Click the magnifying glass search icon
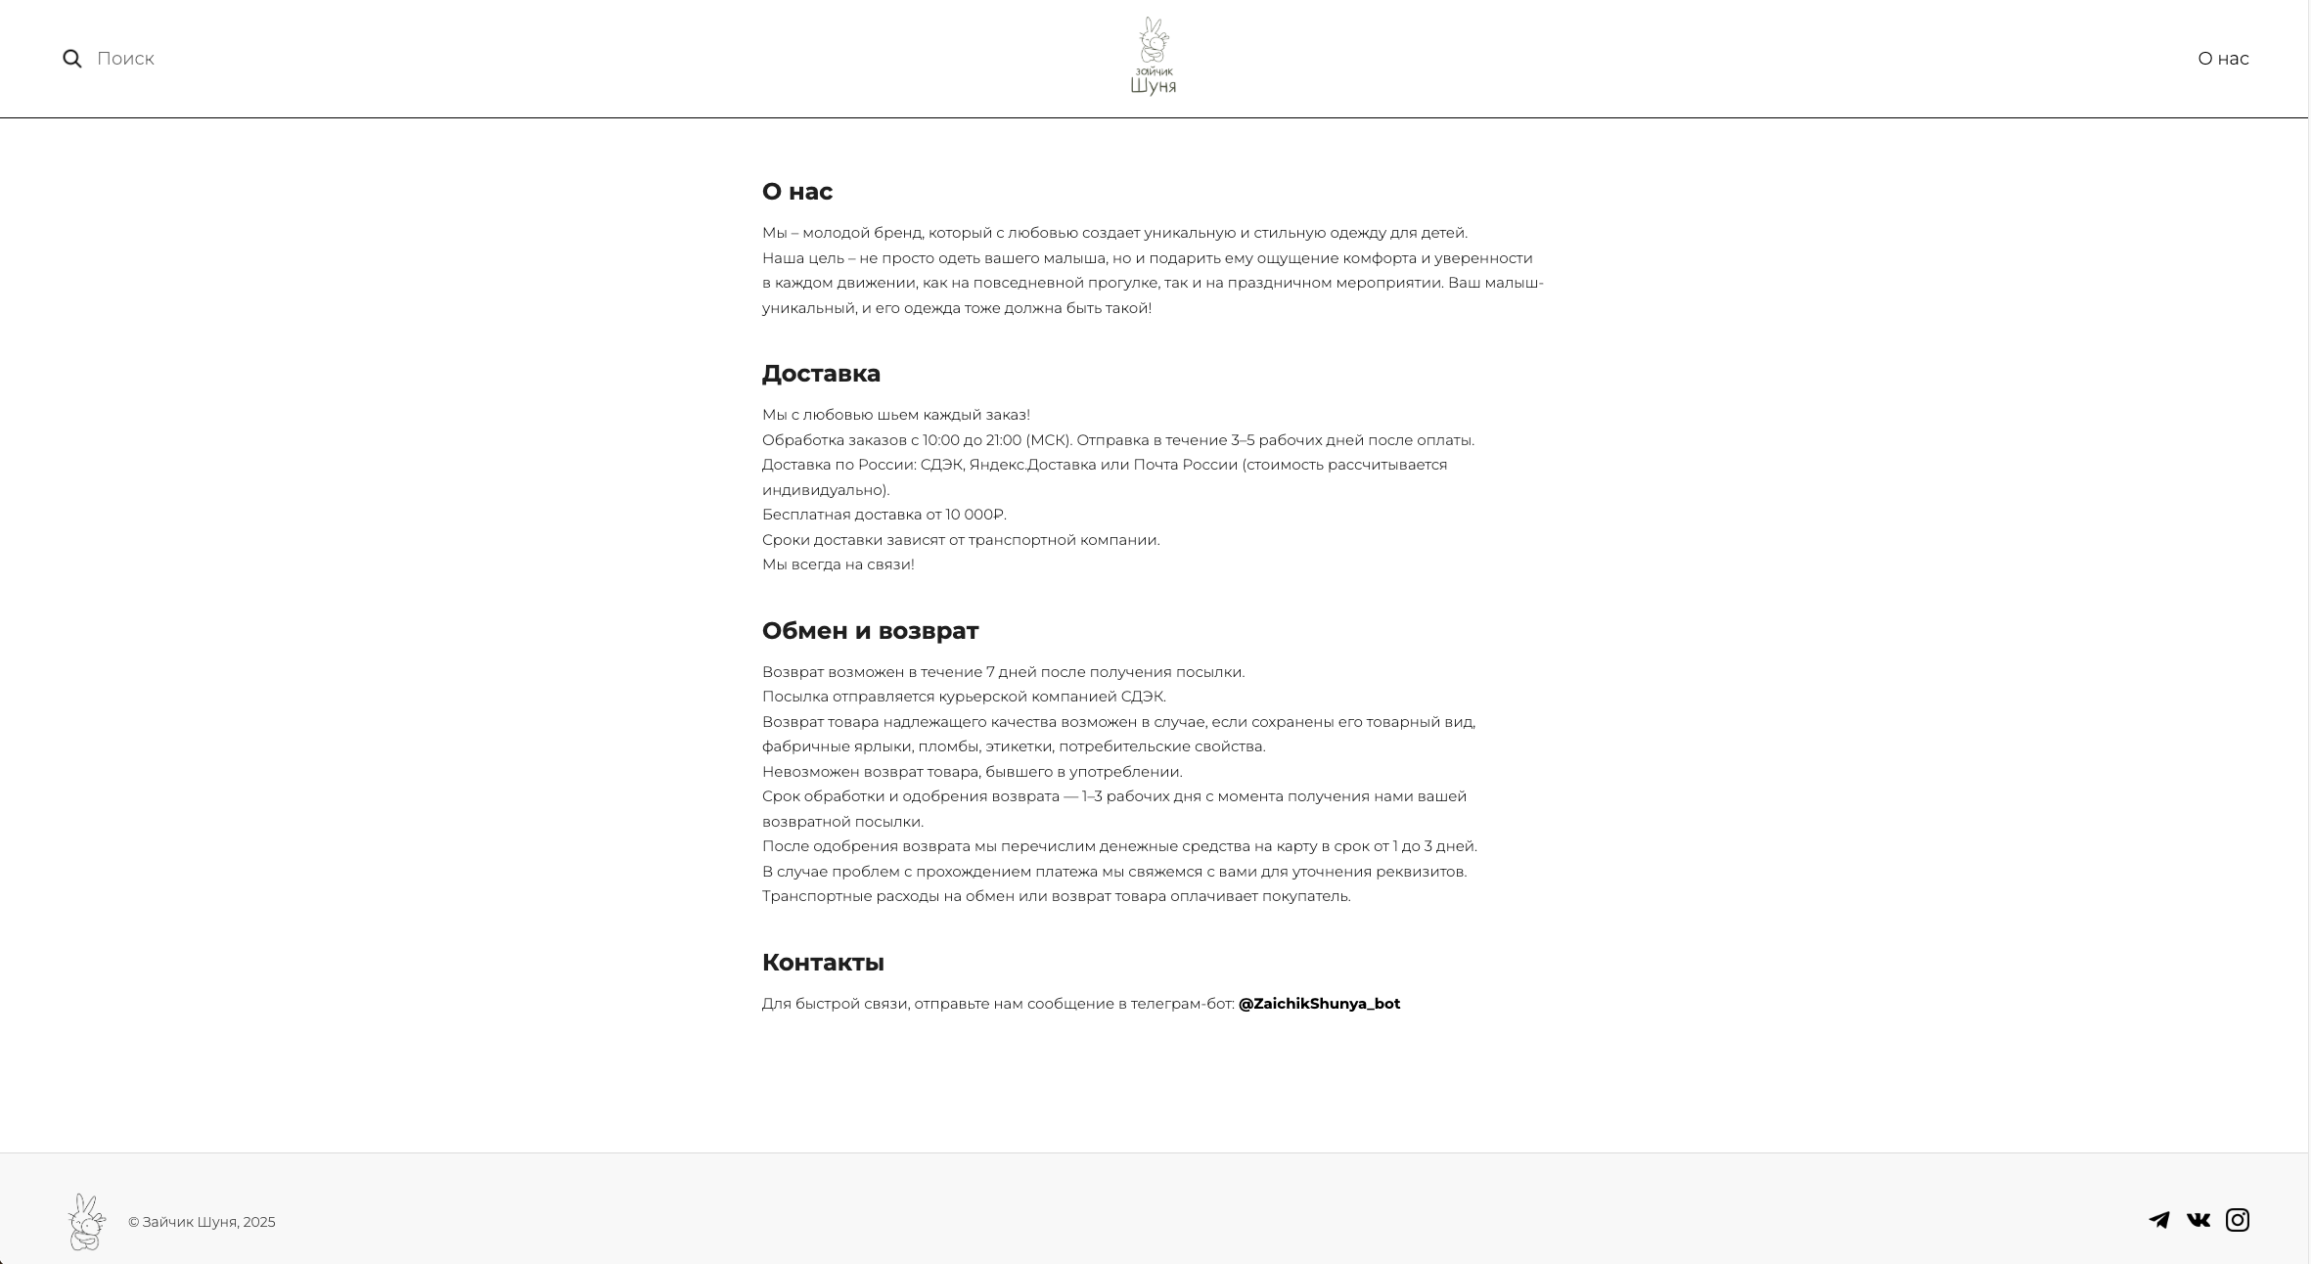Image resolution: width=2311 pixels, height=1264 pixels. pyautogui.click(x=72, y=59)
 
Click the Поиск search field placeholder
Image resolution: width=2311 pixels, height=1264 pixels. pyautogui.click(x=126, y=59)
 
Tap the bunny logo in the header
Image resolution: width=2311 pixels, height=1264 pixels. pyautogui.click(x=1154, y=57)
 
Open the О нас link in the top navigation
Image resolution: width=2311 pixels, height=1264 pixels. pyautogui.click(x=2223, y=59)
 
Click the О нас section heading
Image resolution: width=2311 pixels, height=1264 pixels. pyautogui.click(x=797, y=192)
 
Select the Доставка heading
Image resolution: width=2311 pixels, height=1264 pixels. pyautogui.click(x=821, y=374)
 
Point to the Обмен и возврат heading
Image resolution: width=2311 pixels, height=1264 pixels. pyautogui.click(x=870, y=631)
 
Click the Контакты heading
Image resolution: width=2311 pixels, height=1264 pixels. pyautogui.click(x=823, y=963)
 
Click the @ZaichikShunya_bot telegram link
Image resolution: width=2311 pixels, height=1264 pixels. pyautogui.click(x=1319, y=1004)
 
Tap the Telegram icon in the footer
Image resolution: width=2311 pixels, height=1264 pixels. pyautogui.click(x=2159, y=1220)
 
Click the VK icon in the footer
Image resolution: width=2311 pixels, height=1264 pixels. pyautogui.click(x=2198, y=1220)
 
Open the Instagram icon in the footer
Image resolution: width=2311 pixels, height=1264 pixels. pyautogui.click(x=2238, y=1220)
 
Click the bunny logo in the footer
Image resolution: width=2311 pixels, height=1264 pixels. pyautogui.click(x=87, y=1221)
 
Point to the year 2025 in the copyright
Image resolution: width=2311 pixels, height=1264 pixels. pyautogui.click(x=259, y=1222)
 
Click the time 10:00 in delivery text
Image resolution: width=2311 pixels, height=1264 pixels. pyautogui.click(x=942, y=440)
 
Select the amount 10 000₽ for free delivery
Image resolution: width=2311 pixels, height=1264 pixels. pyautogui.click(x=974, y=515)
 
